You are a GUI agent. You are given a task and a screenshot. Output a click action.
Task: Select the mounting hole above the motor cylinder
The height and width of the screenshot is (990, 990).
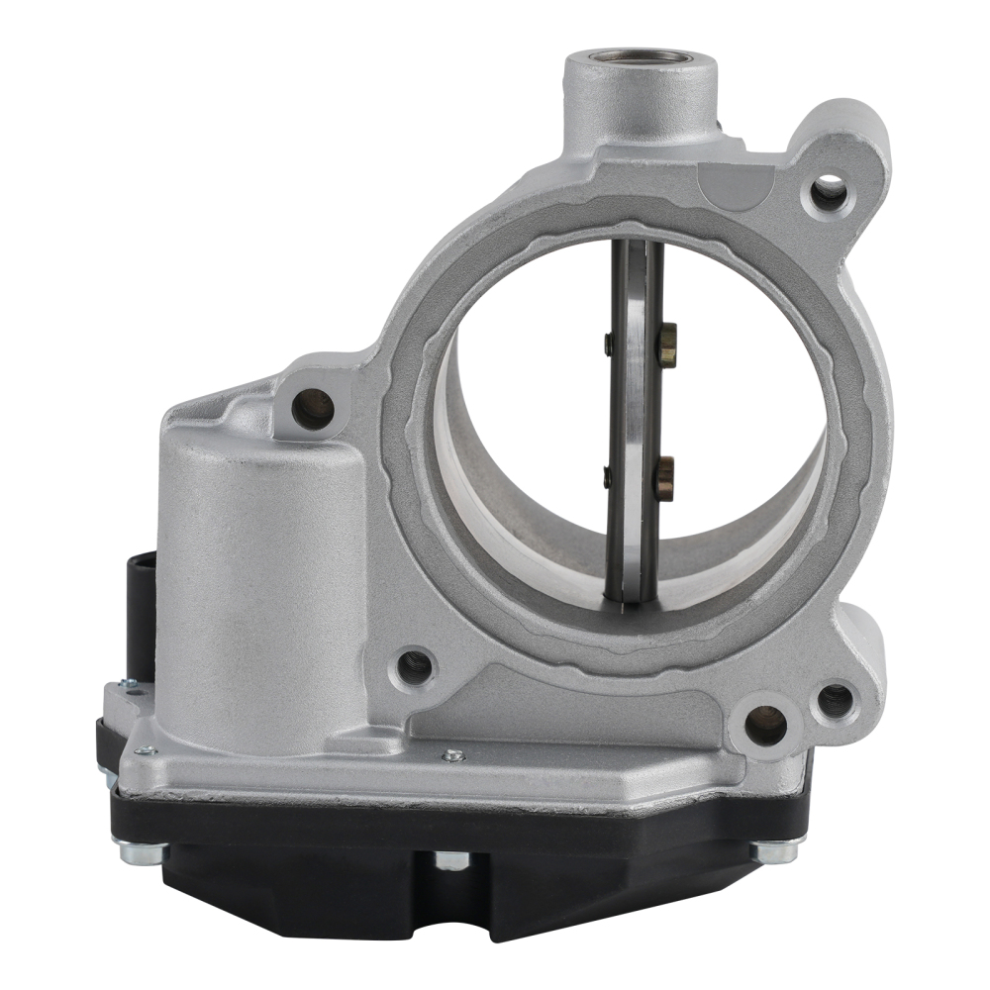tap(313, 408)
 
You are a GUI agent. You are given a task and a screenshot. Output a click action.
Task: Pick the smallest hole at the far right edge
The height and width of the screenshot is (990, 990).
tap(836, 700)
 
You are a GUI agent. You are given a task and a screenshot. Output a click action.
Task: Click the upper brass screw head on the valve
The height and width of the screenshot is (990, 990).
tap(666, 343)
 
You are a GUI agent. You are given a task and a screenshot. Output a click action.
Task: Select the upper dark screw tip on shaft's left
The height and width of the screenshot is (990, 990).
tap(608, 344)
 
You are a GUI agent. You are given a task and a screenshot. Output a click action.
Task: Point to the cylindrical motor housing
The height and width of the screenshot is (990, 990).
tap(260, 584)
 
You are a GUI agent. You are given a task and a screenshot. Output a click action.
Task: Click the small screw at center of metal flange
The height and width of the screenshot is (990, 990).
tap(452, 755)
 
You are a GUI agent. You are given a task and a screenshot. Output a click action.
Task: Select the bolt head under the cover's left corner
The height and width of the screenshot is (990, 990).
tap(135, 849)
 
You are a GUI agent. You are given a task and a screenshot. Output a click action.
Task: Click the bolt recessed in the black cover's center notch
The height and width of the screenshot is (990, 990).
tap(450, 859)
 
